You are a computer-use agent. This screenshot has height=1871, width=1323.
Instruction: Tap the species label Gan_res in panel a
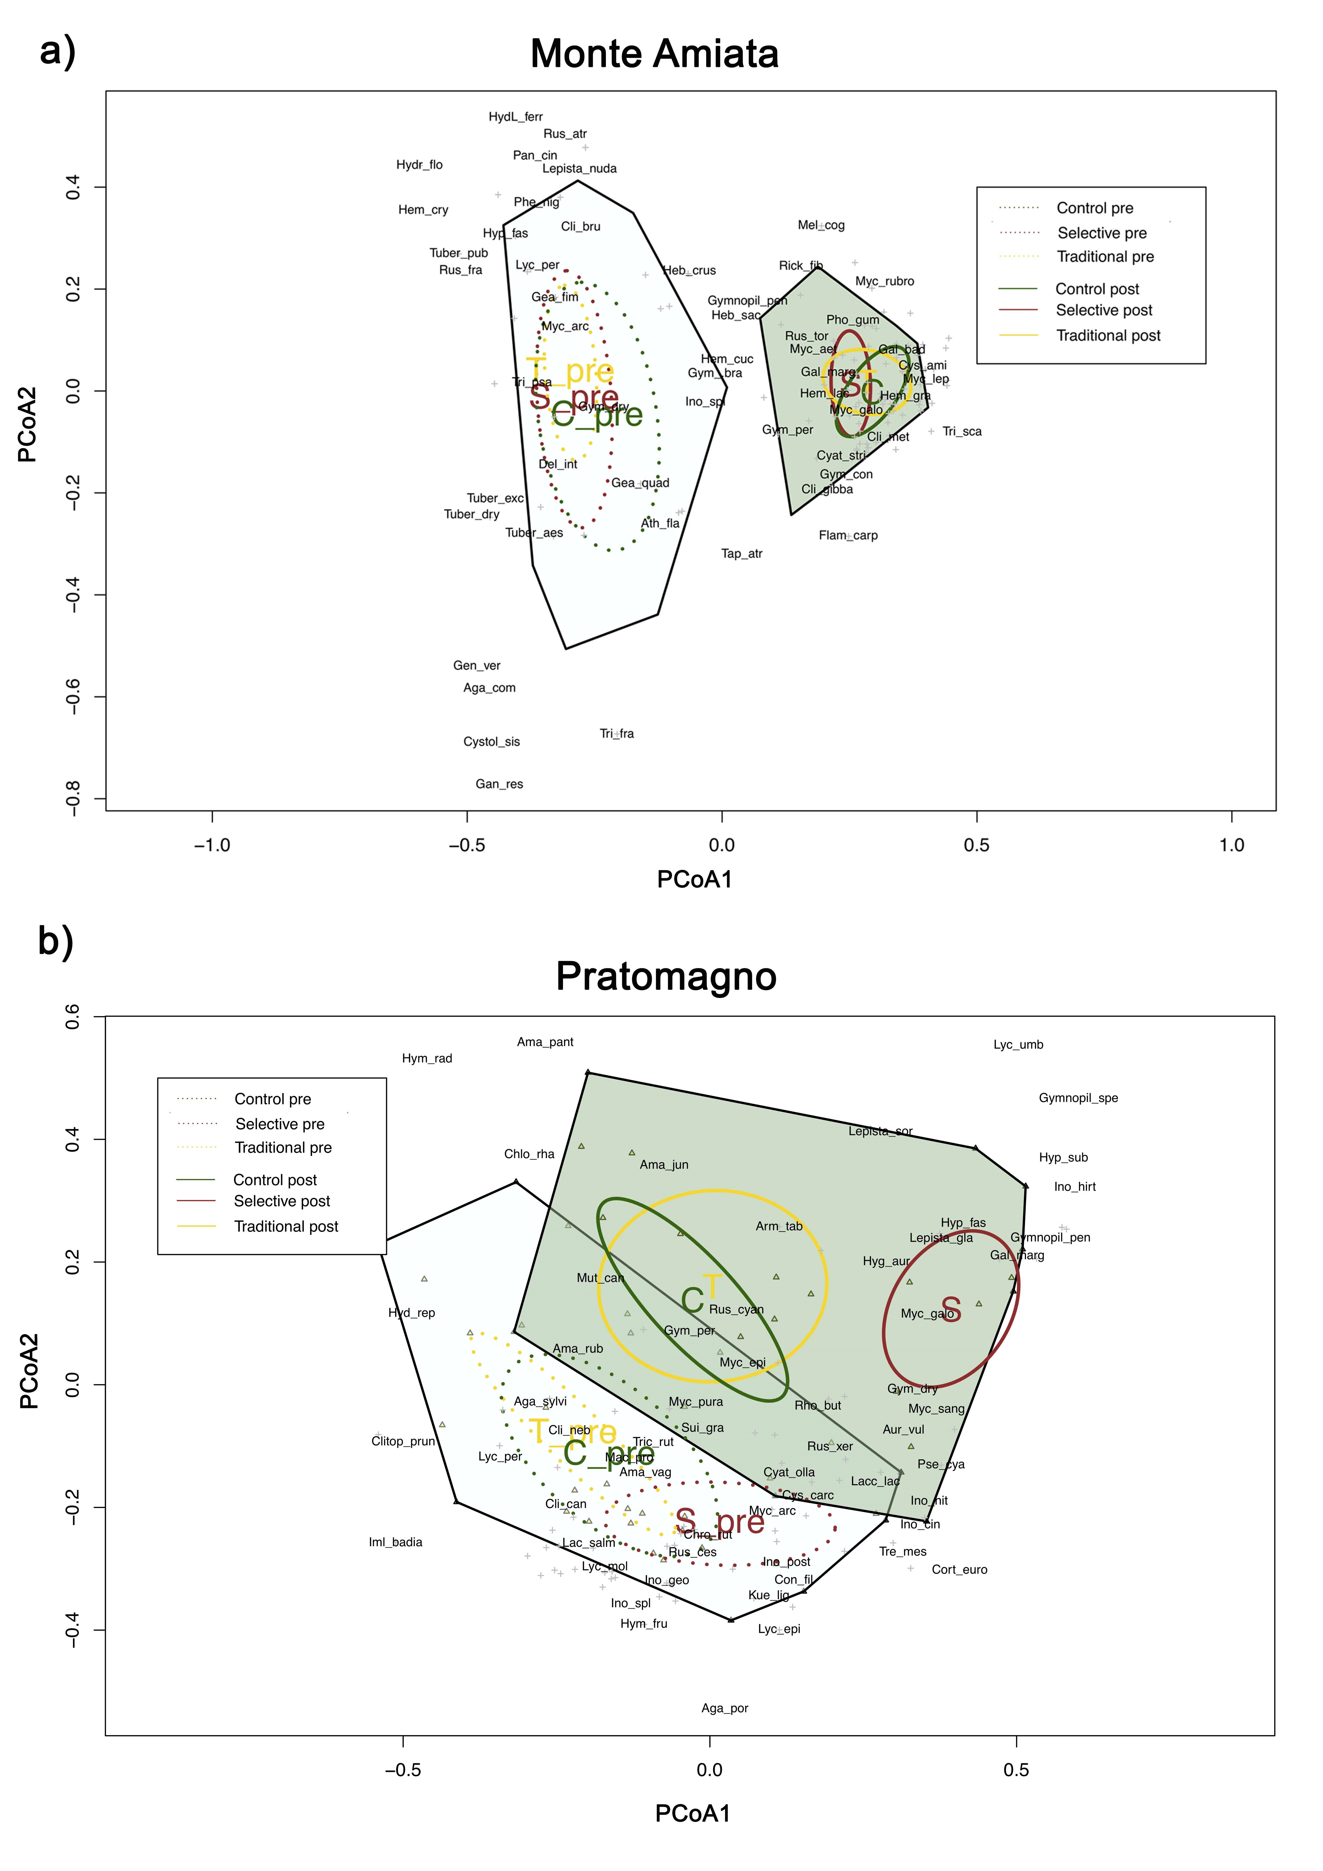(499, 784)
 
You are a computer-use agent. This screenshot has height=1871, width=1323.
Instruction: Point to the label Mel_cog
(821, 225)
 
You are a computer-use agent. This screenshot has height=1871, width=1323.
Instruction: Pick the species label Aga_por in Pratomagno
(725, 1708)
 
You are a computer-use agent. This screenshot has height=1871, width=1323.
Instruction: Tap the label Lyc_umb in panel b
(1018, 1045)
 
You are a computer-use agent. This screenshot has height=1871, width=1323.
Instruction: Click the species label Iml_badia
(395, 1542)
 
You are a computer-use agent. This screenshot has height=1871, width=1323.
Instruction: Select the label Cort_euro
(960, 1569)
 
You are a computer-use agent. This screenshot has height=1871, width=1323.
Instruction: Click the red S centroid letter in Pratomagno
(950, 1310)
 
